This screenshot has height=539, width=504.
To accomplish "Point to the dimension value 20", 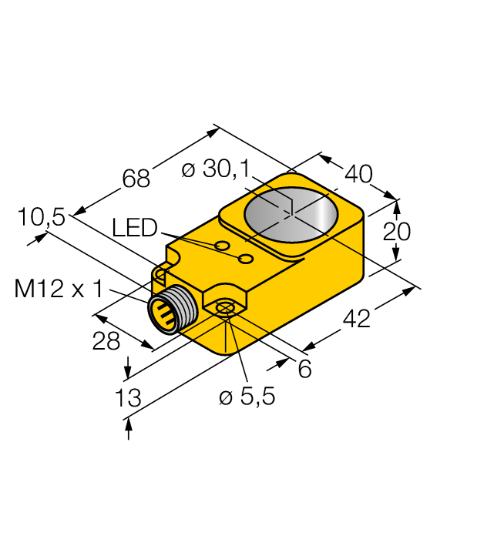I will tap(397, 231).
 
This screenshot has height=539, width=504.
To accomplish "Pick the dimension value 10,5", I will tap(42, 218).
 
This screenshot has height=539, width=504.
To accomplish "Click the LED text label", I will tap(134, 228).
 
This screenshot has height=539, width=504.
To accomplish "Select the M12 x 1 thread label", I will tap(59, 289).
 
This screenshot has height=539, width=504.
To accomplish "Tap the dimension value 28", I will tap(106, 341).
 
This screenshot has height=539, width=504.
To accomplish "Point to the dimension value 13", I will tap(128, 397).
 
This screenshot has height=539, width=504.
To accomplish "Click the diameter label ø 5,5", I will tap(247, 397).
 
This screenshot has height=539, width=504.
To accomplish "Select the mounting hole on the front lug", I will tap(225, 309).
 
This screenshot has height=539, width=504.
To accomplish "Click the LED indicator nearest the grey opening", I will tap(246, 259).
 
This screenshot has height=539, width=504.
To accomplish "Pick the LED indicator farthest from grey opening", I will tap(222, 246).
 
